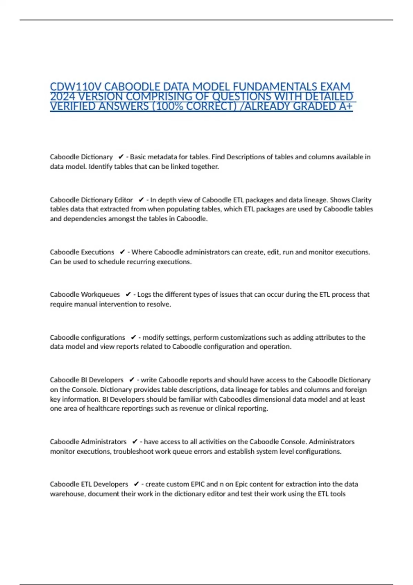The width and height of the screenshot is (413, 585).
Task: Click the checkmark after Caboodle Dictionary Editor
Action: tap(141, 200)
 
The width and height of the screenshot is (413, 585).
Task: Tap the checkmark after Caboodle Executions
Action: tap(122, 252)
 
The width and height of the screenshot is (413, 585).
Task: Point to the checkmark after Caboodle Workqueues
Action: tap(128, 295)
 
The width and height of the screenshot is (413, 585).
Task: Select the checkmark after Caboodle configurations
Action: tap(134, 338)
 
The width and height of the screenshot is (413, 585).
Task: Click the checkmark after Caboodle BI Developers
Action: tap(131, 380)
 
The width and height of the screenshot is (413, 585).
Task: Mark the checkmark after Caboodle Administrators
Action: tap(135, 442)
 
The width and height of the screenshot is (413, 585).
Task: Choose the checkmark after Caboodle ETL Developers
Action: tap(136, 484)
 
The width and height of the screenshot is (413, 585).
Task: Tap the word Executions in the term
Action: tap(97, 252)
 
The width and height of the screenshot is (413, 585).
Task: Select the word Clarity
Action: tap(361, 200)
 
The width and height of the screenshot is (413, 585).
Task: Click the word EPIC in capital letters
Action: tap(198, 484)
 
